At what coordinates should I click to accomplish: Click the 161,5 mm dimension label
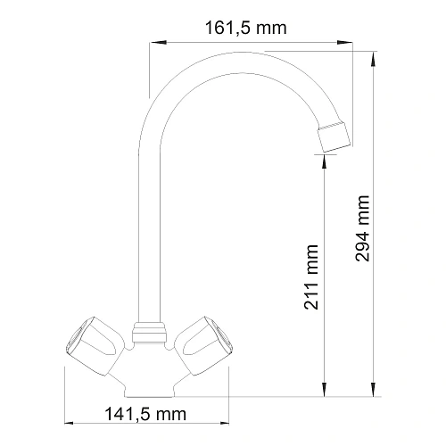[x=245, y=29]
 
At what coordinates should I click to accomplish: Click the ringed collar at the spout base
[x=150, y=334]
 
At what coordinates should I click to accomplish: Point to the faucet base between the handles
[x=150, y=375]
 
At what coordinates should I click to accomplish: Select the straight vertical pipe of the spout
[x=150, y=223]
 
